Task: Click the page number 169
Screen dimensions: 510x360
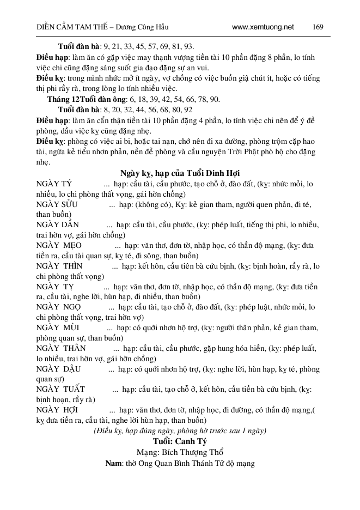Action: coord(319,27)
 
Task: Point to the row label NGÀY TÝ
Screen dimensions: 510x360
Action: coord(54,184)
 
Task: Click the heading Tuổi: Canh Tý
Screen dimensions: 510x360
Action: coord(180,441)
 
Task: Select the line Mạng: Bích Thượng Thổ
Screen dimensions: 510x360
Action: coord(180,452)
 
